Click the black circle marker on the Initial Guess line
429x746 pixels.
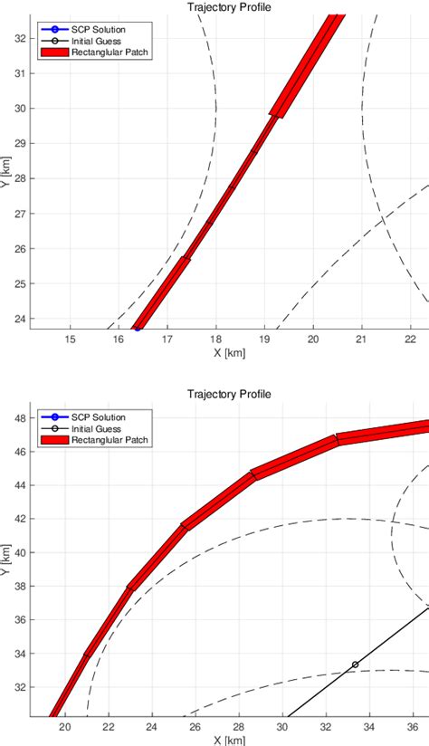pyautogui.click(x=355, y=665)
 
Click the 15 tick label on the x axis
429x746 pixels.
pyautogui.click(x=70, y=340)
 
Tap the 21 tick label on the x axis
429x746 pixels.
pyautogui.click(x=361, y=340)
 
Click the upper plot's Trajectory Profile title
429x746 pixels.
pyautogui.click(x=229, y=7)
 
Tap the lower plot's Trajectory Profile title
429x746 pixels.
pyautogui.click(x=229, y=395)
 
